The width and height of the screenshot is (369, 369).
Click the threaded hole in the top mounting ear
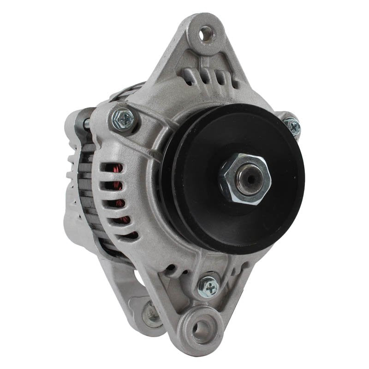(x=206, y=33)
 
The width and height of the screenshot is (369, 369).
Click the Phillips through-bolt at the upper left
(x=124, y=119)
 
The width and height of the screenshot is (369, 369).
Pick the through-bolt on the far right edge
(x=292, y=126)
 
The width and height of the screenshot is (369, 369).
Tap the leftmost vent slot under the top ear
(x=188, y=77)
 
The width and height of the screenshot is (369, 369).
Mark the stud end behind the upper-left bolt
(x=86, y=124)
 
